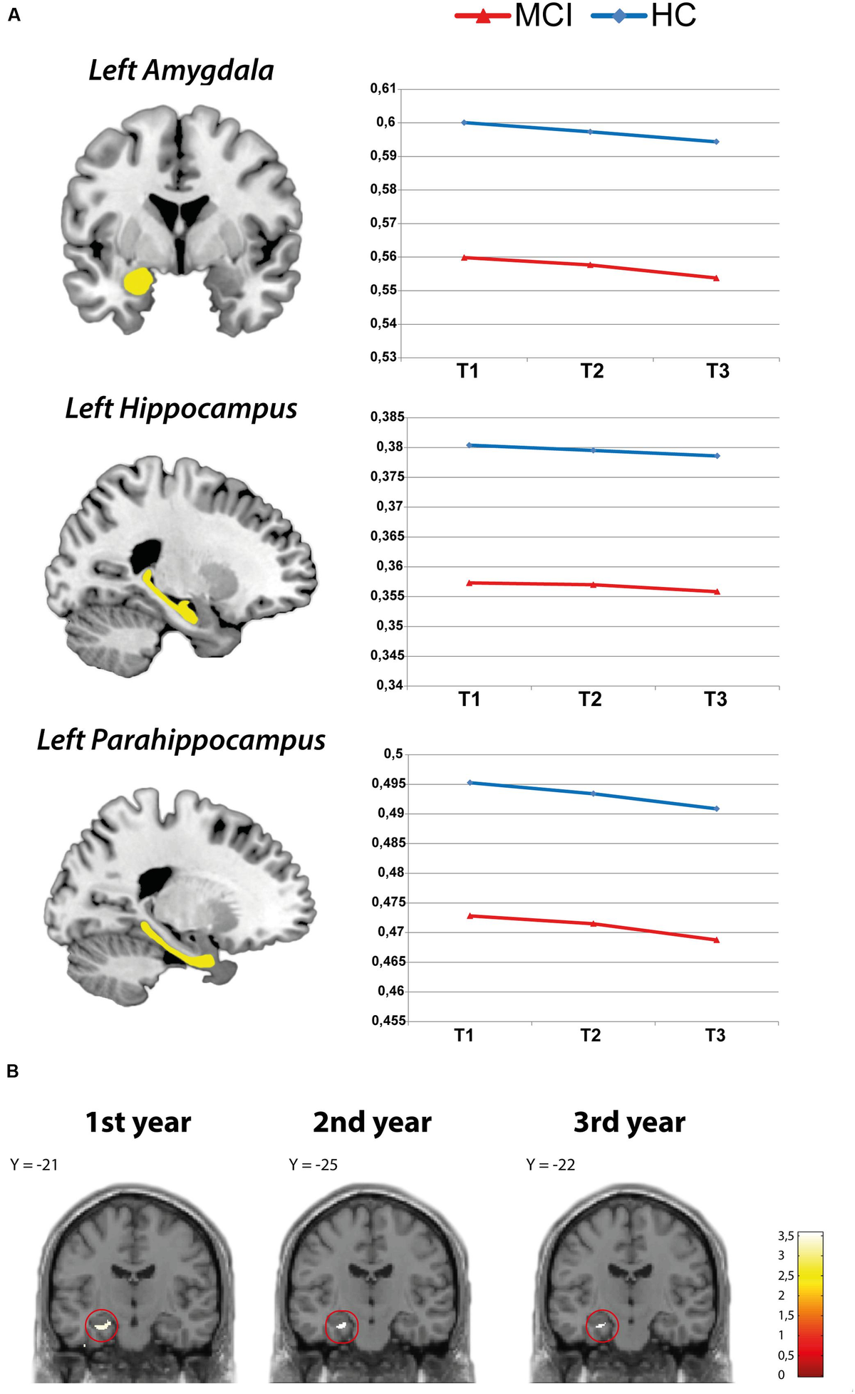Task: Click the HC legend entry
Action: (x=644, y=16)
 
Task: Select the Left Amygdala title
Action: (x=181, y=71)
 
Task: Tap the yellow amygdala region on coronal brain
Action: (x=137, y=281)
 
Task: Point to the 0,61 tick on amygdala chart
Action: (x=383, y=89)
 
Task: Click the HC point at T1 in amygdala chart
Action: (x=464, y=123)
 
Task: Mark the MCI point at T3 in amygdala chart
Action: (x=716, y=278)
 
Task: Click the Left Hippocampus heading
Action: (x=181, y=409)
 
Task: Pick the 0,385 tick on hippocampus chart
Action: (x=386, y=417)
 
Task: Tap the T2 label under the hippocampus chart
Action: (x=590, y=699)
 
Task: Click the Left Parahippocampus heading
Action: (x=181, y=741)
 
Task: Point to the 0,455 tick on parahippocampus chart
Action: (x=388, y=1021)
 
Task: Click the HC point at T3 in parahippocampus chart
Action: (x=716, y=808)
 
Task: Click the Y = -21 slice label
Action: (x=34, y=1165)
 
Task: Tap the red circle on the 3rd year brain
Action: (x=602, y=1326)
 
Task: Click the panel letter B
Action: (x=13, y=1071)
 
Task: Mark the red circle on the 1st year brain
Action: (x=101, y=1326)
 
